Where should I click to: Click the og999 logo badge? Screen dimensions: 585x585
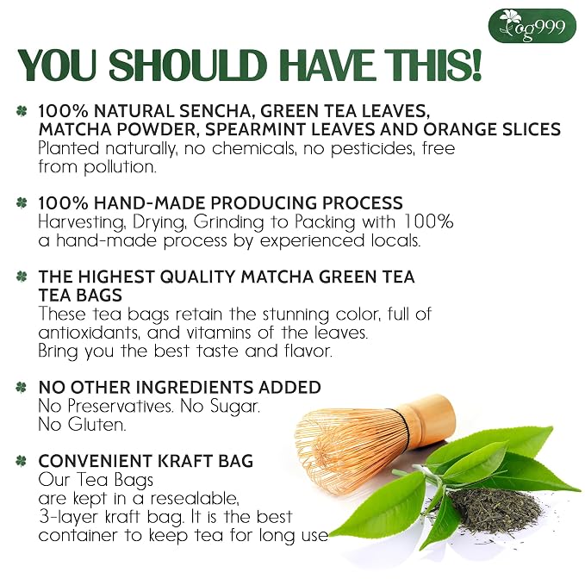click(532, 26)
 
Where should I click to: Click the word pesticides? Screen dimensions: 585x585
click(372, 148)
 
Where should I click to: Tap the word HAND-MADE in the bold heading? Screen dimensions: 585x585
click(150, 203)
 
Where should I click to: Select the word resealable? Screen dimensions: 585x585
click(195, 498)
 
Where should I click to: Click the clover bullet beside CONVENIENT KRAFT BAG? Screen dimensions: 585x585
click(22, 461)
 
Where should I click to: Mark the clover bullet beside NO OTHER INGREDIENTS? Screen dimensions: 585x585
click(22, 387)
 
